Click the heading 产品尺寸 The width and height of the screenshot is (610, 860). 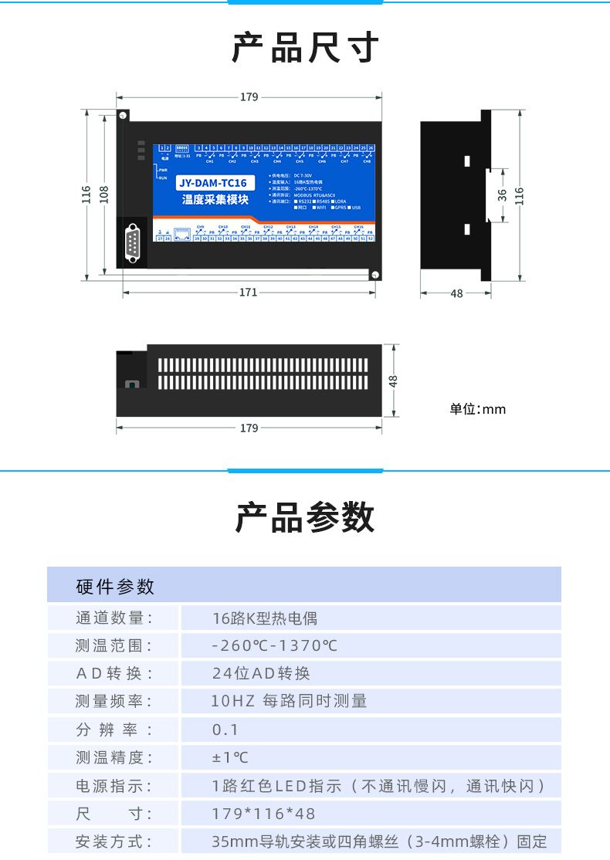coord(305,48)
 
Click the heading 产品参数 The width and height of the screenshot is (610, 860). coord(305,517)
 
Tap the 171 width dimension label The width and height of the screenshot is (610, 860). coord(248,293)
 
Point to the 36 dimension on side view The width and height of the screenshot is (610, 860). coord(502,195)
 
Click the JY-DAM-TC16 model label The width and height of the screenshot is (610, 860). coord(213,183)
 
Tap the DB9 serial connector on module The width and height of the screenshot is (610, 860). coord(133,242)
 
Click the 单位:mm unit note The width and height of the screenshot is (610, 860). coord(478,409)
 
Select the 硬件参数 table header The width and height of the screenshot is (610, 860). coord(116,587)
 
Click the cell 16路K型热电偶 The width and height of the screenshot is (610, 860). coord(265,618)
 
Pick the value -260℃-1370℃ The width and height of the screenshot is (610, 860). coord(275,646)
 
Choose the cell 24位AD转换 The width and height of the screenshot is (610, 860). coord(261,674)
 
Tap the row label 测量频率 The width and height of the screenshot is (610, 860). coord(114,702)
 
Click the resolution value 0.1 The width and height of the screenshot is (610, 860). coord(225,730)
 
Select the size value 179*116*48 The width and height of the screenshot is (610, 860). coord(263,814)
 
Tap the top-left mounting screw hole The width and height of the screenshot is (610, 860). coord(123,116)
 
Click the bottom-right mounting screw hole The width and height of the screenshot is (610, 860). coord(374,275)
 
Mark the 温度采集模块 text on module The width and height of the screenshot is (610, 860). coord(215,200)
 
